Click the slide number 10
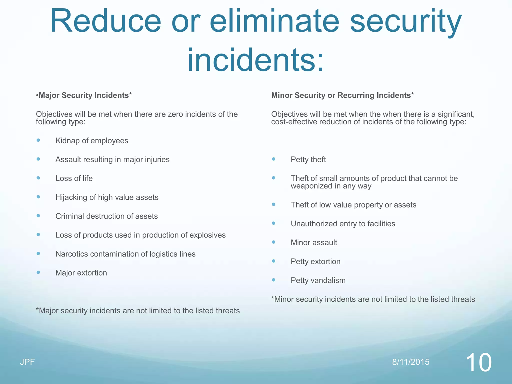tap(478, 362)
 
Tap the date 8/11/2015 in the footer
tap(411, 362)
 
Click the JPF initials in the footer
tap(27, 362)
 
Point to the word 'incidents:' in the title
tap(255, 60)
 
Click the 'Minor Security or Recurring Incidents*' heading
tap(342, 95)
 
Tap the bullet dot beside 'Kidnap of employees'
tap(38, 140)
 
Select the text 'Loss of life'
tap(74, 178)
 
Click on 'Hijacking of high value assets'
tap(107, 197)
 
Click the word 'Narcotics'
tap(72, 254)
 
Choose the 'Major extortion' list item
tap(81, 273)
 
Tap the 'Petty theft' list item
tap(308, 159)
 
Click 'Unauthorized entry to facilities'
tap(343, 223)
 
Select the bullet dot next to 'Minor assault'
tap(273, 242)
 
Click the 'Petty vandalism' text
tap(318, 280)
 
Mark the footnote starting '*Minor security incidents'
tap(373, 299)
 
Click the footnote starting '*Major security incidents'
tap(138, 310)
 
